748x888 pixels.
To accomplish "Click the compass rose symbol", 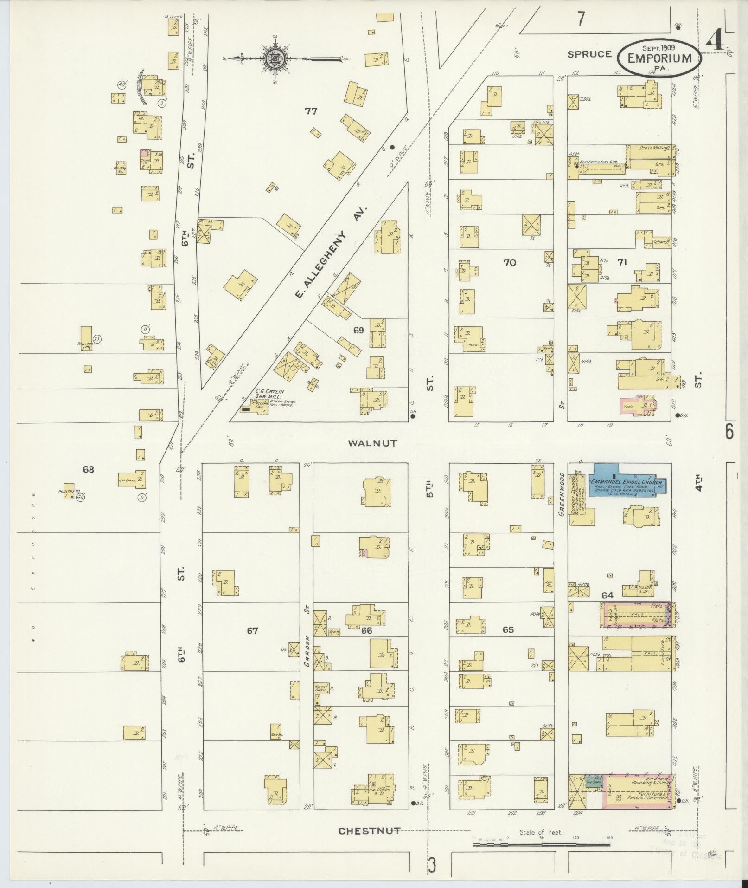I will tap(275, 59).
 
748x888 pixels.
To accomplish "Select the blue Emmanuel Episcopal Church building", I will tap(627, 486).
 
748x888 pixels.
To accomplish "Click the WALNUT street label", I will tap(373, 443).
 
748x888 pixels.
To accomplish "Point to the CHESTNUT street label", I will tap(369, 830).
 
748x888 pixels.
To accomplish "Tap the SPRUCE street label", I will tap(590, 54).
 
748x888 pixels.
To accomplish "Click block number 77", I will tap(311, 110).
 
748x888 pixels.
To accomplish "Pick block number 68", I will tap(88, 469).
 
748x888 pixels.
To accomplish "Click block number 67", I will tap(252, 630).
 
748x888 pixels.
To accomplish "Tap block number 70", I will tap(509, 263).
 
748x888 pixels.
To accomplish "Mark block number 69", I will tap(358, 330).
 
